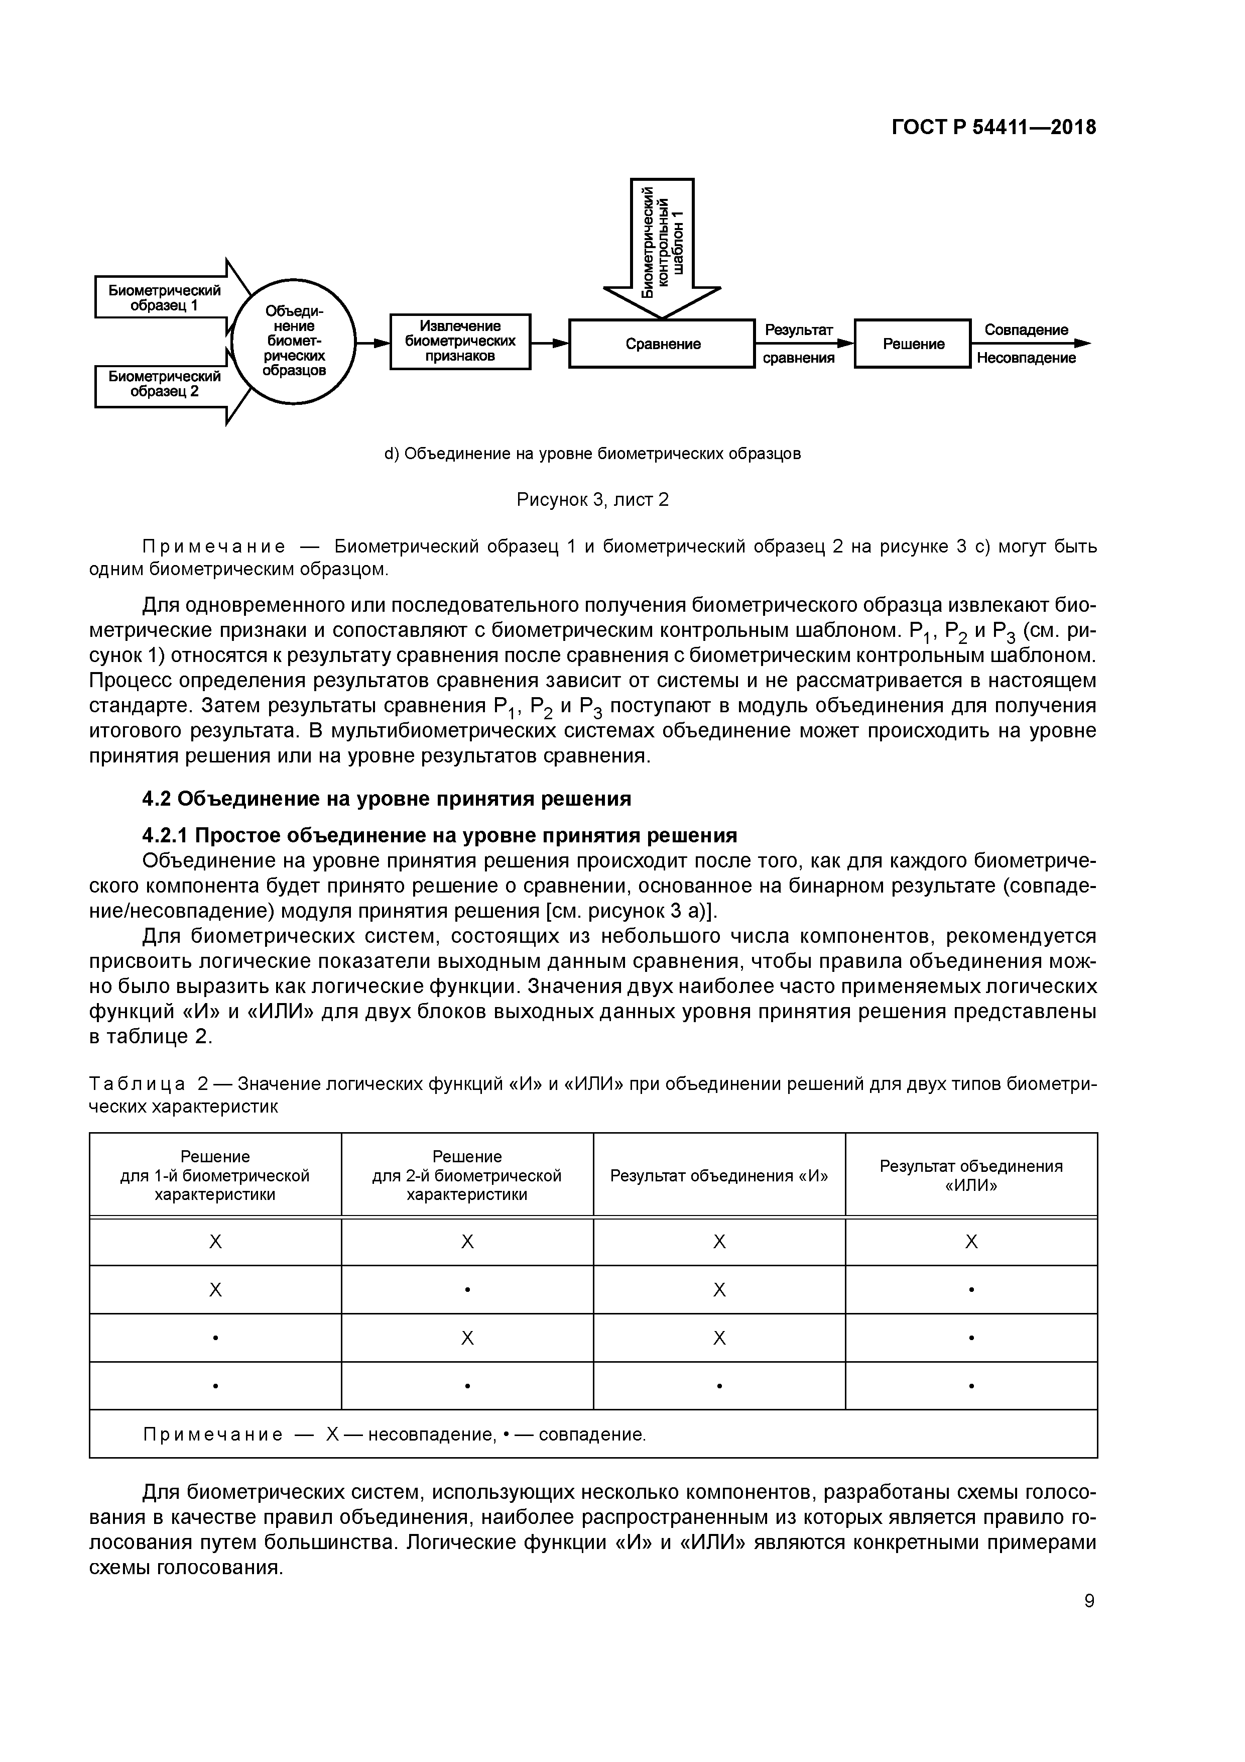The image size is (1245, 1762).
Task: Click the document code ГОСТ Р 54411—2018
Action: tap(993, 128)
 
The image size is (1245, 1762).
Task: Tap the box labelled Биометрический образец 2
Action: tap(163, 384)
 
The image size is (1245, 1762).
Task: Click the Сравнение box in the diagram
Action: tap(662, 344)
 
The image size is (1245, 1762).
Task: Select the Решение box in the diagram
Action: tap(912, 344)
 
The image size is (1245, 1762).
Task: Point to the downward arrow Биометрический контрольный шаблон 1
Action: tap(662, 246)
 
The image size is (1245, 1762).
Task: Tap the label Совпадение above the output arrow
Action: tap(1026, 330)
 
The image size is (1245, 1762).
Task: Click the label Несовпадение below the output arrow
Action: tap(1026, 358)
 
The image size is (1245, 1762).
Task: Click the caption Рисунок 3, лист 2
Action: tap(592, 500)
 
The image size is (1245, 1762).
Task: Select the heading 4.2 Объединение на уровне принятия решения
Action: tap(388, 799)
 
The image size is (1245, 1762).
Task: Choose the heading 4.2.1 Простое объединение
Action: tap(440, 835)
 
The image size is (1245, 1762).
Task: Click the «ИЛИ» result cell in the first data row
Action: tap(970, 1242)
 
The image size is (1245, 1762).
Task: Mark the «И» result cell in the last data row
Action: tap(719, 1386)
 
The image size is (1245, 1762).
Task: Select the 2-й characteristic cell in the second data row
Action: tap(467, 1290)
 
